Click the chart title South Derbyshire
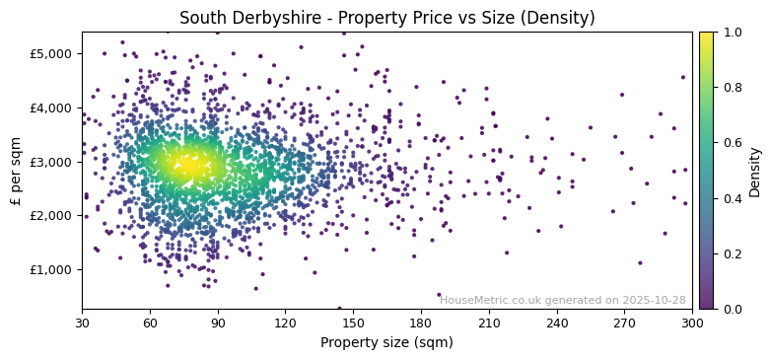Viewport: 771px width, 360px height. coord(256,18)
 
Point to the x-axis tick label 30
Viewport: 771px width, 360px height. coord(82,323)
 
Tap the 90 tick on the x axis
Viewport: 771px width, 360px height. coord(218,323)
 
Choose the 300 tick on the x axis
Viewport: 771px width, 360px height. coord(692,323)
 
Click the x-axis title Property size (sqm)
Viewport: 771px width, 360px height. coord(386,343)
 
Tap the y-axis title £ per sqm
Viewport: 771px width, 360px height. coord(16,170)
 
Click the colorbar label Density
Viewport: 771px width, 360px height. coord(755,170)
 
